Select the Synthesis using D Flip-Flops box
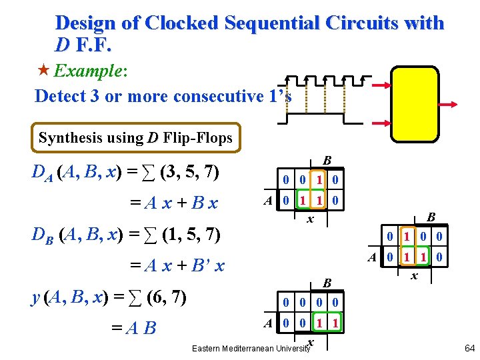click(136, 138)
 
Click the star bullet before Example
click(44, 70)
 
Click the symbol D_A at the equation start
click(42, 173)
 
